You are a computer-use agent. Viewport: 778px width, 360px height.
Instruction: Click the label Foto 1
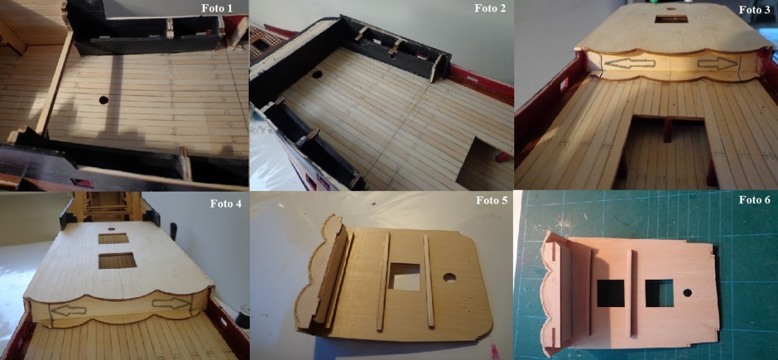[x=217, y=9]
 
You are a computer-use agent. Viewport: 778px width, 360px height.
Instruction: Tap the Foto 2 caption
[x=490, y=9]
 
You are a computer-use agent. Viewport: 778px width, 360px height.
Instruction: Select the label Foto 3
[x=754, y=10]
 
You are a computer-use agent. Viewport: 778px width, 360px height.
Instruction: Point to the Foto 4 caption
[x=225, y=203]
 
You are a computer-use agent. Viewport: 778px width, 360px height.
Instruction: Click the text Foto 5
[x=492, y=200]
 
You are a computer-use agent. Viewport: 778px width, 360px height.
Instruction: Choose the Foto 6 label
[x=754, y=200]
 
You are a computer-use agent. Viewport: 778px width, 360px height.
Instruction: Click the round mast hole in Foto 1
[x=103, y=100]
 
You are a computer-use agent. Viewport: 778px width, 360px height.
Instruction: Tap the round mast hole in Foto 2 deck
[x=317, y=74]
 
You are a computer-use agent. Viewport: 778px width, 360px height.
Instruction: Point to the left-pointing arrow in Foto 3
[x=630, y=63]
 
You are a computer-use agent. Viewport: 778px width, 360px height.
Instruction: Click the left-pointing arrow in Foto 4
[x=68, y=310]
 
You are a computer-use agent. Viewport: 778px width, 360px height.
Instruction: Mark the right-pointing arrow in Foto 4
[x=172, y=303]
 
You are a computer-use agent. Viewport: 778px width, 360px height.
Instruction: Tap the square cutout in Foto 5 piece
[x=404, y=277]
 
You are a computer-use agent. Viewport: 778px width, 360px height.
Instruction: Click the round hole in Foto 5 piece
[x=449, y=278]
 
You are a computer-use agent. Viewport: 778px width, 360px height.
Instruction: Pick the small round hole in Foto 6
[x=687, y=292]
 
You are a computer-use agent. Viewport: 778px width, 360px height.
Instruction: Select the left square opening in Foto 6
[x=611, y=293]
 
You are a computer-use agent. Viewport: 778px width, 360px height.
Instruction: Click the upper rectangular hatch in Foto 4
[x=114, y=239]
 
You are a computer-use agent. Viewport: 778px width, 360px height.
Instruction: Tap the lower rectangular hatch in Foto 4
[x=117, y=261]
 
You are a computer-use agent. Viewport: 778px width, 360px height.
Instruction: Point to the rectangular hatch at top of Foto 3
[x=671, y=19]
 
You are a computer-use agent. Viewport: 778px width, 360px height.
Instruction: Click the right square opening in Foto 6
[x=659, y=293]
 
